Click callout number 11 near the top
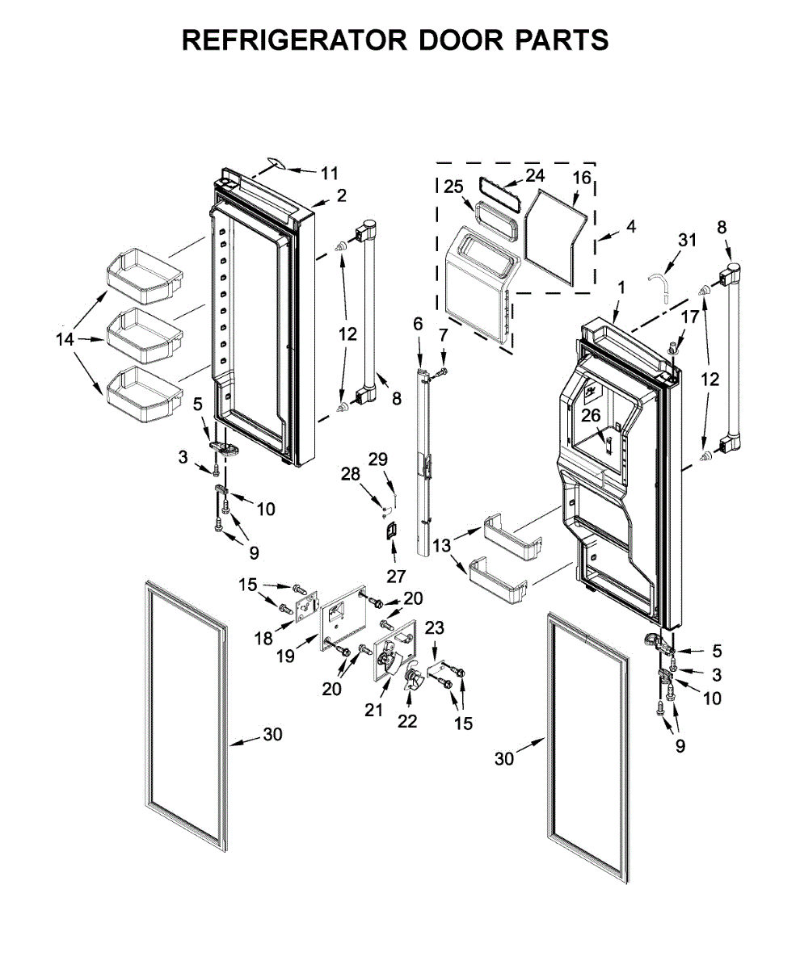pos(329,173)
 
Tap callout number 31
pos(687,240)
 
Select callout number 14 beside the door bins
pos(65,340)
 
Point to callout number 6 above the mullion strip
pos(418,325)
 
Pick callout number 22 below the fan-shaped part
pos(407,720)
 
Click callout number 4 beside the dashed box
pos(630,227)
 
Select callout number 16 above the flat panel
pos(582,176)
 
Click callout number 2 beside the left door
pos(341,195)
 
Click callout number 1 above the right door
pos(621,287)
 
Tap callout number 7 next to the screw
pos(442,334)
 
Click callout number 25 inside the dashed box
pos(453,187)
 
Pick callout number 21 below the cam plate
pos(373,710)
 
